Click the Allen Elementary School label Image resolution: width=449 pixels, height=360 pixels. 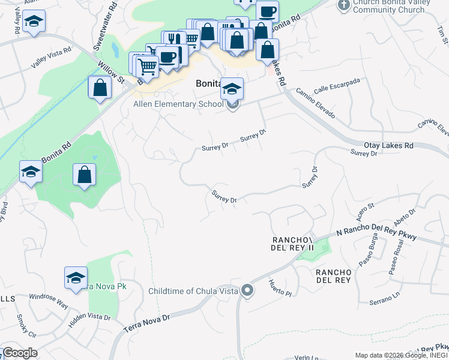[x=178, y=104]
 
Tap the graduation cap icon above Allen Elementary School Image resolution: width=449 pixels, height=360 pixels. [x=232, y=89]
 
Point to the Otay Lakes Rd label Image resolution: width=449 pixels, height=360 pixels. [x=389, y=145]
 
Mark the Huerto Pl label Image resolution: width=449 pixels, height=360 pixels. [x=279, y=288]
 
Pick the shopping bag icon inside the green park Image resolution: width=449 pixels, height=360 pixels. [x=85, y=175]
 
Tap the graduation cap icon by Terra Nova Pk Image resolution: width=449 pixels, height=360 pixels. [x=76, y=278]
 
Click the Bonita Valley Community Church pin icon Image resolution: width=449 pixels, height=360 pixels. [x=343, y=5]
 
